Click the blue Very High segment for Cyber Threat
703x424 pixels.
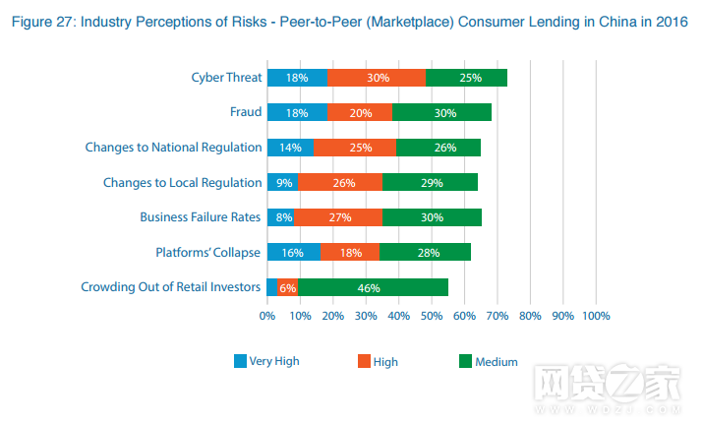point(297,78)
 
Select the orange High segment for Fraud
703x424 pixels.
point(360,112)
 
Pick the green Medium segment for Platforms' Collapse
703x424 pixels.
point(425,253)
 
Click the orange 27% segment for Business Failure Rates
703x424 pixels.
point(337,217)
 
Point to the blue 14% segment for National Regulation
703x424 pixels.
point(290,148)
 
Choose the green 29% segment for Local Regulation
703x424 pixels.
point(430,183)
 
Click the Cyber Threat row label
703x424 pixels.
point(226,77)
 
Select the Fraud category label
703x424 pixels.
point(246,112)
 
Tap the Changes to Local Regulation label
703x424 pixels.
point(183,182)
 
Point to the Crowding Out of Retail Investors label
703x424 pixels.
point(172,287)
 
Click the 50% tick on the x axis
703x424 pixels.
point(432,317)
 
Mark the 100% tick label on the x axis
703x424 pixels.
point(595,317)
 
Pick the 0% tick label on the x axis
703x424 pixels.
point(267,317)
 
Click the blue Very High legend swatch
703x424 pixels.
point(240,361)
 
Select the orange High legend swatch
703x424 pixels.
point(364,361)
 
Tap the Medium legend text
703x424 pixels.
point(497,362)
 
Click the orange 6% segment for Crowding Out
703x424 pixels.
point(287,287)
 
